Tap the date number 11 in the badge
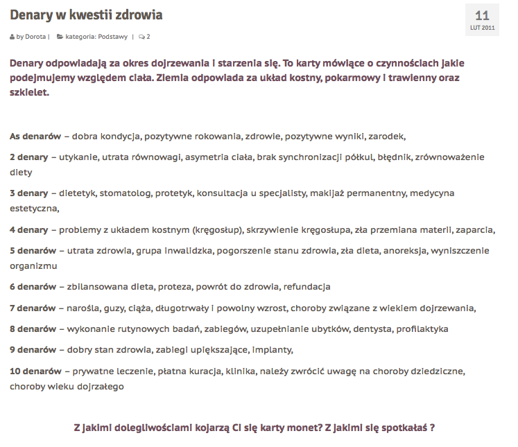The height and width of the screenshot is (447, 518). coord(482,15)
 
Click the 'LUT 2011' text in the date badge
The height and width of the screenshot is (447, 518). coord(482,28)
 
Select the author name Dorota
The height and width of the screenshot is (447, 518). coord(35,36)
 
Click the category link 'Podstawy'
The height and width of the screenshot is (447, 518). coord(113,36)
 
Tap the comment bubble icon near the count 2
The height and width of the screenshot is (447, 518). coord(141,37)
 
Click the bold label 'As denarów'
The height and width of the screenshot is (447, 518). coord(35,136)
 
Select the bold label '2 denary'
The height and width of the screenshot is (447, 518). coord(29,157)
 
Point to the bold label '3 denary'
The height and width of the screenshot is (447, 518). coord(29,193)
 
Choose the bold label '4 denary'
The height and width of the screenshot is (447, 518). coord(29,229)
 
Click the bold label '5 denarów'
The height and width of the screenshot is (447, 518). coord(33,250)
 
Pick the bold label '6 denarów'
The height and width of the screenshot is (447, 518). coord(33,286)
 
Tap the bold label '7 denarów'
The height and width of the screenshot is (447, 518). coord(33,308)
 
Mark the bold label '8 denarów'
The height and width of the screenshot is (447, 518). coord(33,328)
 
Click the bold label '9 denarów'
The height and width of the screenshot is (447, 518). coord(33,350)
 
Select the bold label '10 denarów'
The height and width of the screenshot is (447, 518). coord(35,371)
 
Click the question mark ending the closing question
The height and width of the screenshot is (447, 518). coord(432,428)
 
